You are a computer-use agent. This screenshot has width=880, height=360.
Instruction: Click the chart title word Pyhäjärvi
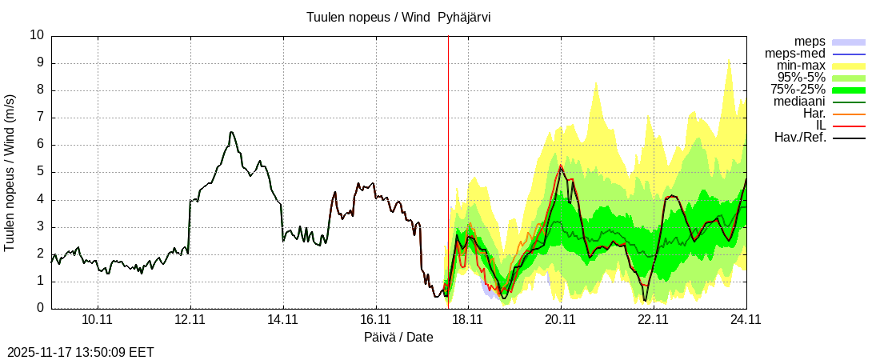(x=464, y=18)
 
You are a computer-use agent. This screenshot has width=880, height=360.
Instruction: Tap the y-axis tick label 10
(x=37, y=35)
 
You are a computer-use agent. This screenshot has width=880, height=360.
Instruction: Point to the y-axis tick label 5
(x=41, y=172)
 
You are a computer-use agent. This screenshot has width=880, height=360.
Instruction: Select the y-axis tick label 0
(x=41, y=308)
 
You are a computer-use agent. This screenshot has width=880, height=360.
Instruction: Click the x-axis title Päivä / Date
(x=398, y=338)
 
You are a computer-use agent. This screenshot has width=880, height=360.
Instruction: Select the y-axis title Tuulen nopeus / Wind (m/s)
(x=10, y=172)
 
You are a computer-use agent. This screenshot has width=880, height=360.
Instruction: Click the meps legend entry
(x=810, y=42)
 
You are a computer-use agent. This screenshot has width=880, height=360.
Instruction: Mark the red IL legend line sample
(x=849, y=126)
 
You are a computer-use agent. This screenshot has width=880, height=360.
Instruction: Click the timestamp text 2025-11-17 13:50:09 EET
(x=81, y=352)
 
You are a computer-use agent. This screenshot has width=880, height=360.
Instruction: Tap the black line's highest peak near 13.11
(x=231, y=132)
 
